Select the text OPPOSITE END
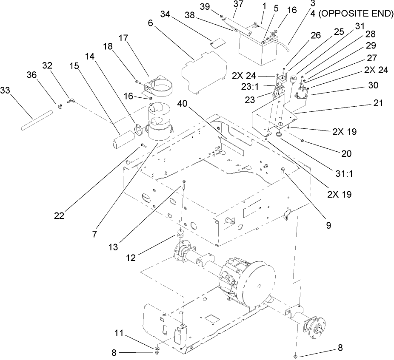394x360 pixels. [x=360, y=14]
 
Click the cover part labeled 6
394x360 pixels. [x=202, y=71]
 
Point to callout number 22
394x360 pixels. [x=58, y=215]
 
